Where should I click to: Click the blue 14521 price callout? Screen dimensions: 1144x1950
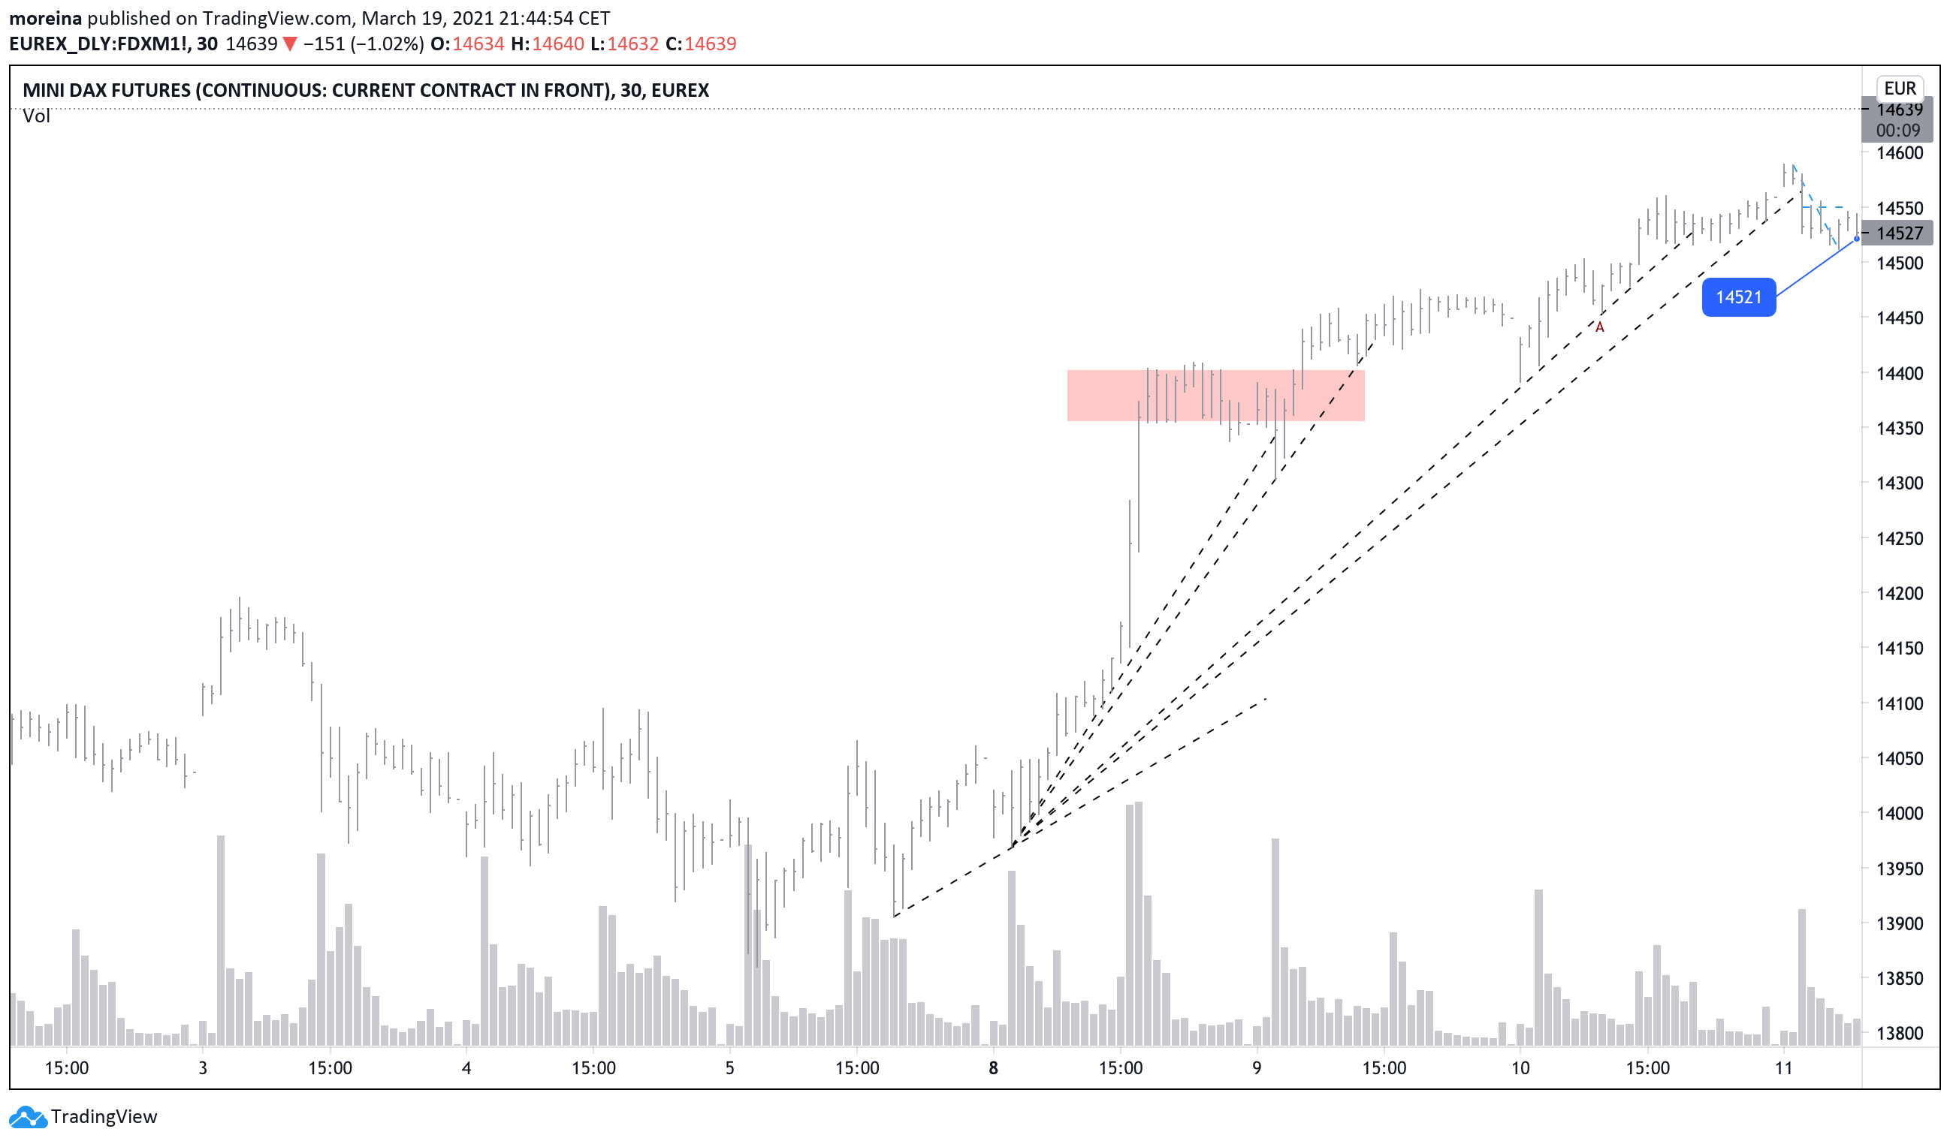pyautogui.click(x=1738, y=297)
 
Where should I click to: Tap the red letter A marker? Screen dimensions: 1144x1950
pyautogui.click(x=1599, y=327)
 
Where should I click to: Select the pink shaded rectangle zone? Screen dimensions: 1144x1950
pyautogui.click(x=1215, y=396)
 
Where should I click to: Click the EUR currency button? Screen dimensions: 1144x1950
pyautogui.click(x=1900, y=88)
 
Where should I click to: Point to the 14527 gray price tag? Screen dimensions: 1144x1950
pyautogui.click(x=1899, y=233)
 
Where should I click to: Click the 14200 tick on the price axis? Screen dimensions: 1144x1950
pyautogui.click(x=1899, y=593)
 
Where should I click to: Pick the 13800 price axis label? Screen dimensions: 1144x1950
pyautogui.click(x=1899, y=1034)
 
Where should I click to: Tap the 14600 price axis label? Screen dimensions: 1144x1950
pyautogui.click(x=1899, y=153)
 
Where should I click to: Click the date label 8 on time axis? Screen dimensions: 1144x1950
pyautogui.click(x=993, y=1068)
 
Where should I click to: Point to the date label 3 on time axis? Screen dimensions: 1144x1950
pyautogui.click(x=203, y=1068)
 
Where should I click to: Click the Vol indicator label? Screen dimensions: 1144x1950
pyautogui.click(x=35, y=116)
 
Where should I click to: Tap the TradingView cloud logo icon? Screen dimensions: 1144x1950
pyautogui.click(x=28, y=1117)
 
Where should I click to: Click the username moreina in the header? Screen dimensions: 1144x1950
pyautogui.click(x=45, y=18)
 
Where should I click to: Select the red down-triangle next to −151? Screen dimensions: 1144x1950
pyautogui.click(x=289, y=44)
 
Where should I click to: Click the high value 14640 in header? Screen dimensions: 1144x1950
pyautogui.click(x=558, y=44)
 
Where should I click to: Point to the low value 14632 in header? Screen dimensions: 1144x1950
pyautogui.click(x=632, y=44)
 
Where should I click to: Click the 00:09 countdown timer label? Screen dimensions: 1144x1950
pyautogui.click(x=1897, y=131)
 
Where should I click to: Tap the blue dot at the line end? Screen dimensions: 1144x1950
pyautogui.click(x=1856, y=239)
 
